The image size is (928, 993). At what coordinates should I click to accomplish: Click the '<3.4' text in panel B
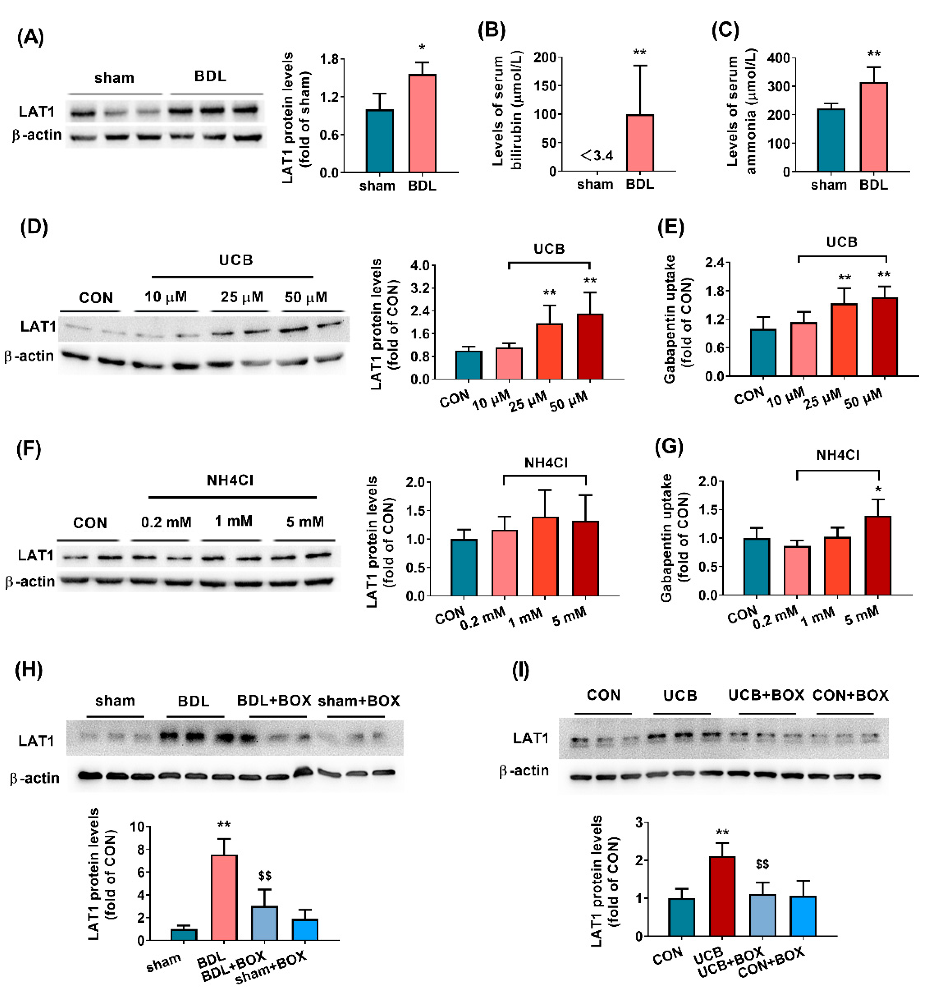coord(597,156)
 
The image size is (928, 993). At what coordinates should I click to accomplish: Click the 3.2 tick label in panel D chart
coord(420,288)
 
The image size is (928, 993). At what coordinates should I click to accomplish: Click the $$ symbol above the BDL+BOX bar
coord(265,876)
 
